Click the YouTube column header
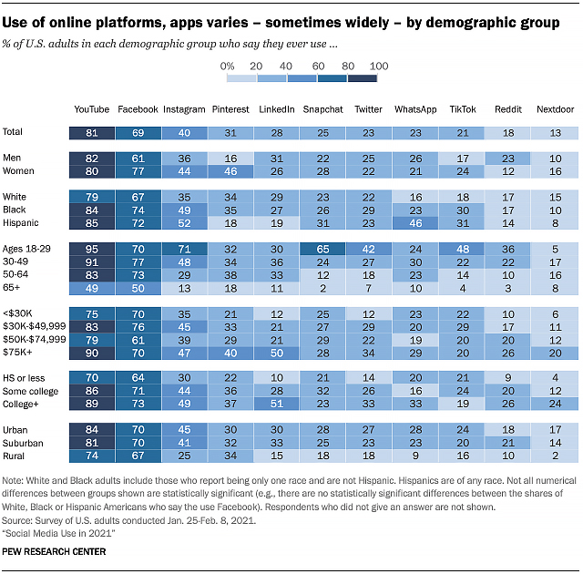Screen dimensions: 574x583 (x=91, y=109)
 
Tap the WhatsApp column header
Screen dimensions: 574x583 (x=414, y=109)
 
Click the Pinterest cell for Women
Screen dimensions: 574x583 (x=230, y=169)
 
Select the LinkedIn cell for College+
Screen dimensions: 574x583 (x=276, y=402)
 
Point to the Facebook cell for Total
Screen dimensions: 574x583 (x=137, y=131)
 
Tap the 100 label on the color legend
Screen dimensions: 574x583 (x=380, y=67)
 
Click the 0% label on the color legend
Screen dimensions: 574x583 (x=228, y=67)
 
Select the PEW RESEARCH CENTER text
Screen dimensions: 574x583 (x=55, y=551)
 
